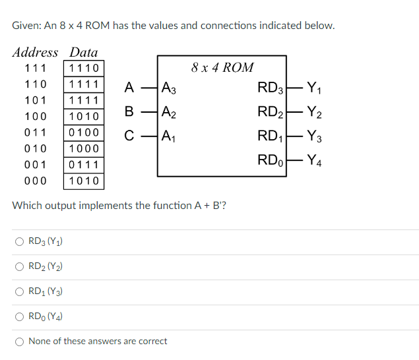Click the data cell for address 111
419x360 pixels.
(x=84, y=69)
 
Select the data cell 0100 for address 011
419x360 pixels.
(x=84, y=133)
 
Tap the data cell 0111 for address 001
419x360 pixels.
(x=84, y=165)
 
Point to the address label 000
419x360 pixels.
(x=35, y=181)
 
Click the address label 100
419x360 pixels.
(x=35, y=117)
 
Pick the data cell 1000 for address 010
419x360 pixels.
(x=84, y=149)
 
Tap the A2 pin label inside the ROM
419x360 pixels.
(x=169, y=113)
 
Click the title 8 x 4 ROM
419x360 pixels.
(x=222, y=67)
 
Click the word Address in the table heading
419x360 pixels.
(x=35, y=52)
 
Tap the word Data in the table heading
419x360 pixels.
(x=84, y=52)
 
